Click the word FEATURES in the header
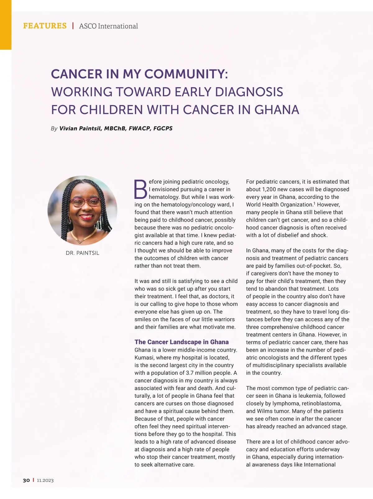[45, 26]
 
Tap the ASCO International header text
[108, 26]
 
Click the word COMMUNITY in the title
[186, 74]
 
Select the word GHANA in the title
[277, 110]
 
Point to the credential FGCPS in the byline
[163, 128]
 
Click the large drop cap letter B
[140, 189]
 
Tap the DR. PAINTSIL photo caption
[82, 253]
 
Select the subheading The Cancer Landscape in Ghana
[182, 342]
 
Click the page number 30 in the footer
[26, 480]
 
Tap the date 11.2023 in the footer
[45, 480]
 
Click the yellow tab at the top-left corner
[6, 25]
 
